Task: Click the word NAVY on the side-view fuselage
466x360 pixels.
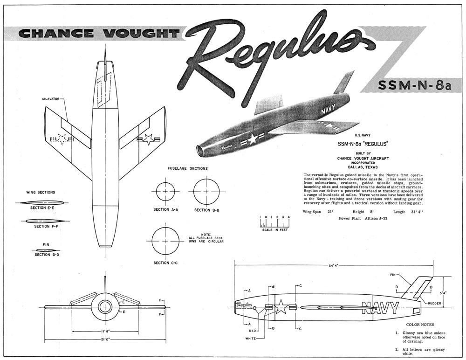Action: [380, 308]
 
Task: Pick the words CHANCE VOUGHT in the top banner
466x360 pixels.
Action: [99, 33]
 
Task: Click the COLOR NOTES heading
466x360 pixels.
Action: [420, 324]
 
